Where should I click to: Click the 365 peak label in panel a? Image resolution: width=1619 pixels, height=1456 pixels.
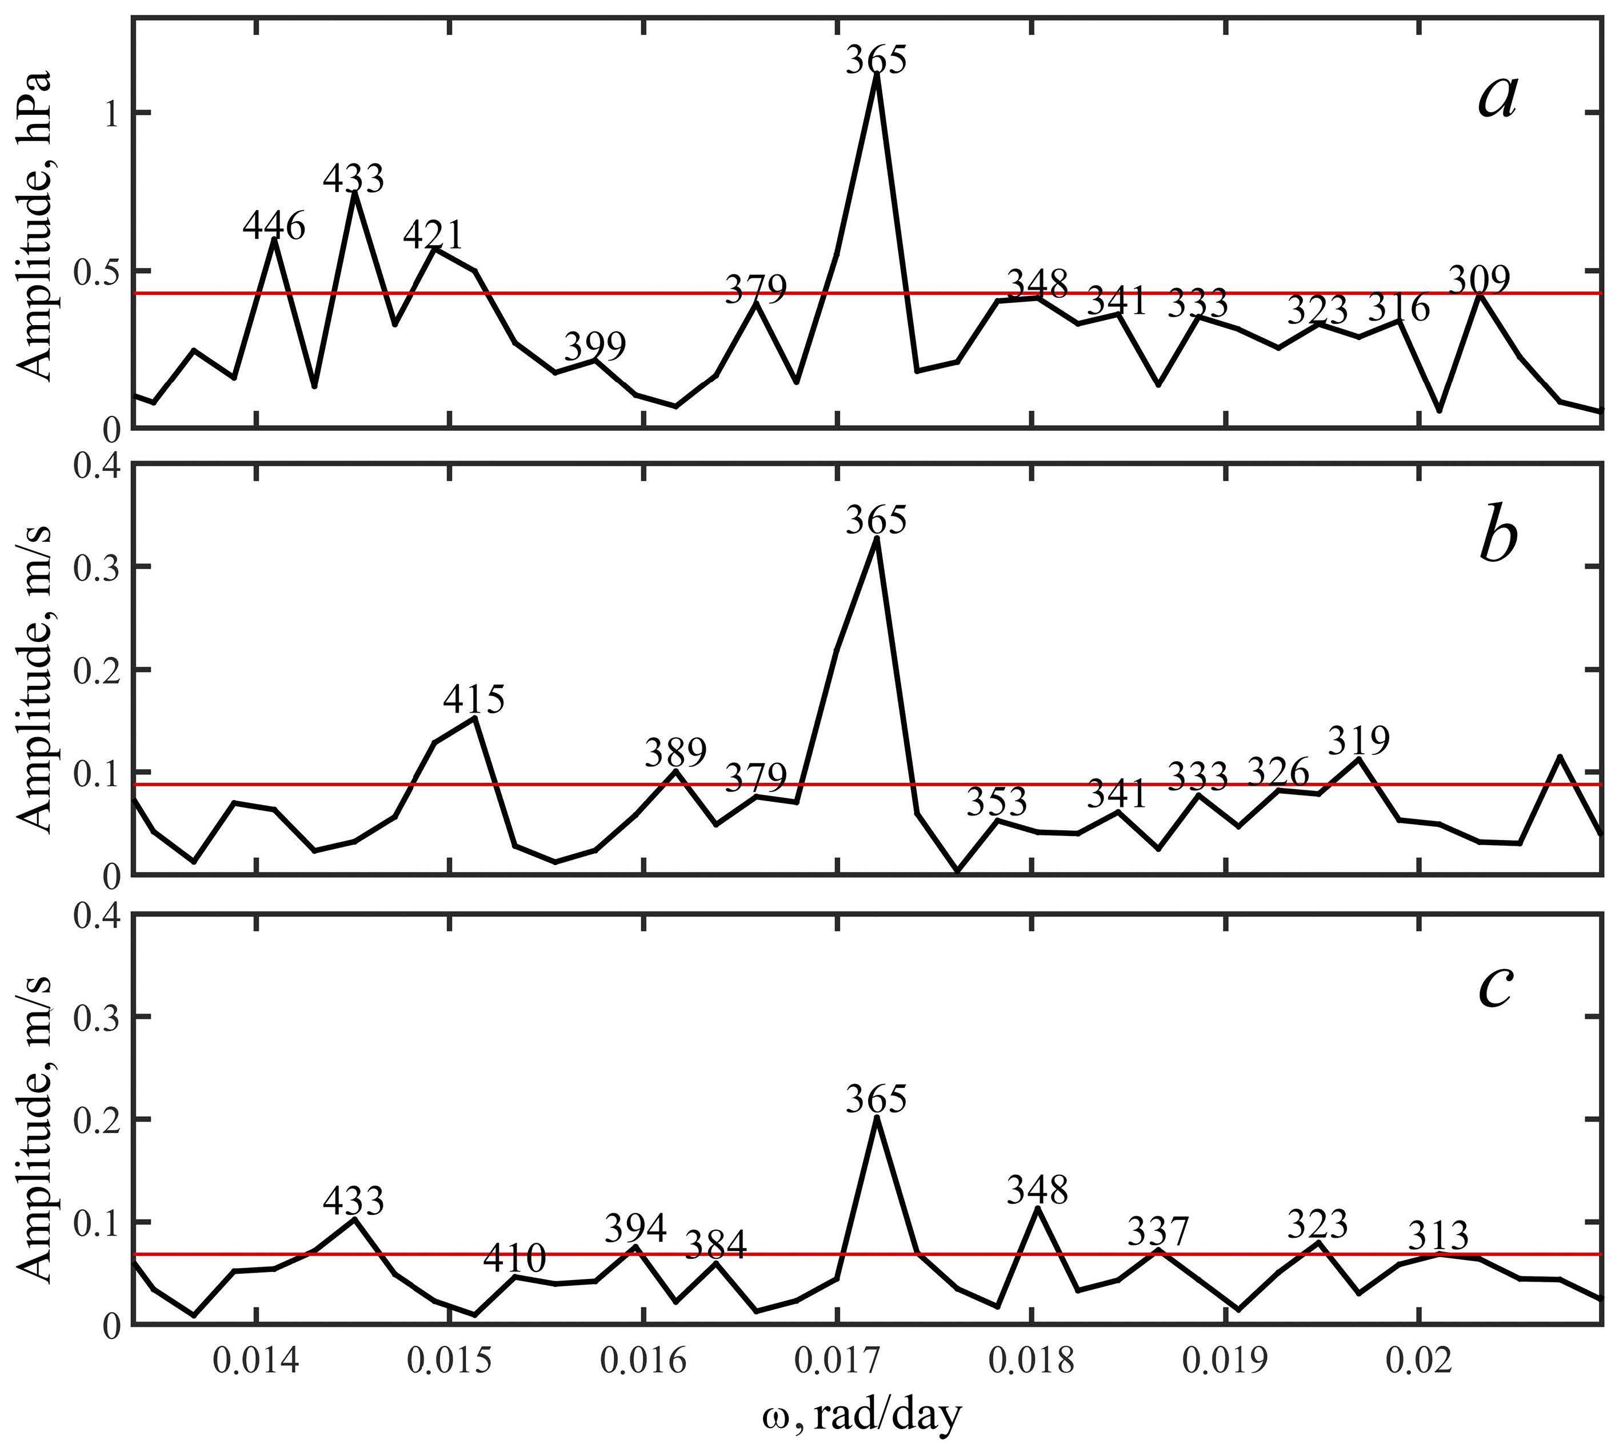pos(877,60)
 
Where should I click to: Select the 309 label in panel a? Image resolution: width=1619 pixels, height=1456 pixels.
pos(1480,280)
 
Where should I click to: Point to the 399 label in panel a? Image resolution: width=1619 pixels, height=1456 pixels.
pos(594,346)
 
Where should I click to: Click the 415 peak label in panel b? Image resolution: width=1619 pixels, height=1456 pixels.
pos(474,699)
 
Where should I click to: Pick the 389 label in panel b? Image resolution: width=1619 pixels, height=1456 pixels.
pos(676,753)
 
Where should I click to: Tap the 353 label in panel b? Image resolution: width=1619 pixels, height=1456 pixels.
pos(996,802)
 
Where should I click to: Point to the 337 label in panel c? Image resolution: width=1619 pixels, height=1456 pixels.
pos(1158,1231)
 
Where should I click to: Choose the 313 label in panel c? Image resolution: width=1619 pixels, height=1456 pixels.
pos(1439,1236)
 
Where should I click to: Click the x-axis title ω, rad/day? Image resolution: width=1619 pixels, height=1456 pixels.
pos(861,1417)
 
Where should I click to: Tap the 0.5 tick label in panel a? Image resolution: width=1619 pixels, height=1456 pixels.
pos(94,271)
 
